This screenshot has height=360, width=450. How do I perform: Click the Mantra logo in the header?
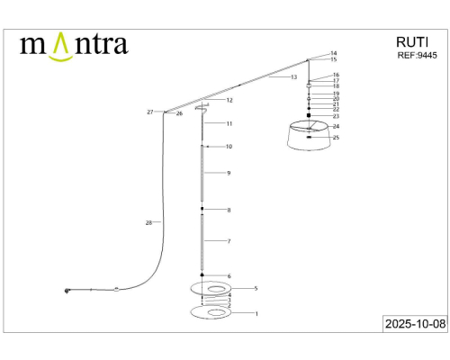74,45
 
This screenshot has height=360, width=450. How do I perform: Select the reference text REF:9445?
417,55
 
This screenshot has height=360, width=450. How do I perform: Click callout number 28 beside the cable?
148,221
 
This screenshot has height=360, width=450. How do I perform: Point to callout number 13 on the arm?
293,78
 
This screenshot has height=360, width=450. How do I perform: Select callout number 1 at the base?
256,314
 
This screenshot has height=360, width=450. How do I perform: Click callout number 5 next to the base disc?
256,289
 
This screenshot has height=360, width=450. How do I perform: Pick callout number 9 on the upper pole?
229,173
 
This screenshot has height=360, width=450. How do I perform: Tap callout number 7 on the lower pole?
229,242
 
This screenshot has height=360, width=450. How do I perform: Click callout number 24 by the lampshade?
336,126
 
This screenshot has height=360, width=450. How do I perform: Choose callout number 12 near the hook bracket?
229,101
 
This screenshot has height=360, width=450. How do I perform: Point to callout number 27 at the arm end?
150,112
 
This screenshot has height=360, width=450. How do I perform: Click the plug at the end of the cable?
67,290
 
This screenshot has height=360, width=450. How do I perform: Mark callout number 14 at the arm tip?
333,53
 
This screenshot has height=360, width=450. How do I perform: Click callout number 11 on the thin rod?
229,123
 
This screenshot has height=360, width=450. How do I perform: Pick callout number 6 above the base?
229,276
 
